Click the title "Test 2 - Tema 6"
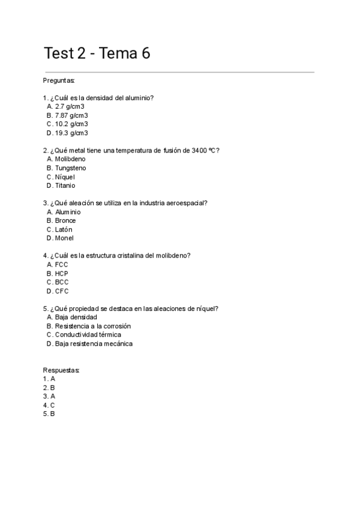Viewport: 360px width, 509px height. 97,54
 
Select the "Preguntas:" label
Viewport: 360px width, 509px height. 59,80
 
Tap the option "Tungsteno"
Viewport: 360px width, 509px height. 70,168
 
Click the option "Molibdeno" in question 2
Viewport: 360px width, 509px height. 70,159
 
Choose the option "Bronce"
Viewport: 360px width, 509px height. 65,221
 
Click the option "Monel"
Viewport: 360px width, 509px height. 64,238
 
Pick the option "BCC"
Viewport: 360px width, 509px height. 62,282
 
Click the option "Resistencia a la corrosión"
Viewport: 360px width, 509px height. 92,327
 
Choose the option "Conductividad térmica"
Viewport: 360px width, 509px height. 88,335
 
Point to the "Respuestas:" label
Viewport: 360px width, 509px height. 61,370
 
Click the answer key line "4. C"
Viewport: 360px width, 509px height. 49,405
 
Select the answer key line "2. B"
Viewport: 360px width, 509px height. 49,388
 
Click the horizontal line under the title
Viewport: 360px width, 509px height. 179,72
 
